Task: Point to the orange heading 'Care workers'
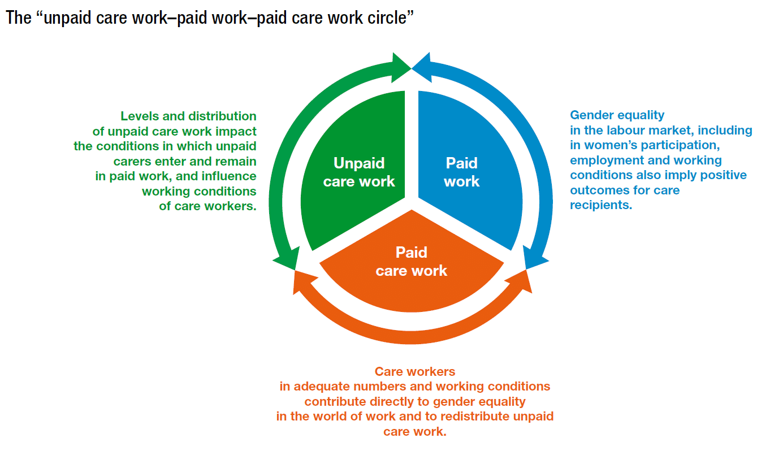point(414,372)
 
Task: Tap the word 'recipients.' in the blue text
point(601,205)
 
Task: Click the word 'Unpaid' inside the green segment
point(359,163)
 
